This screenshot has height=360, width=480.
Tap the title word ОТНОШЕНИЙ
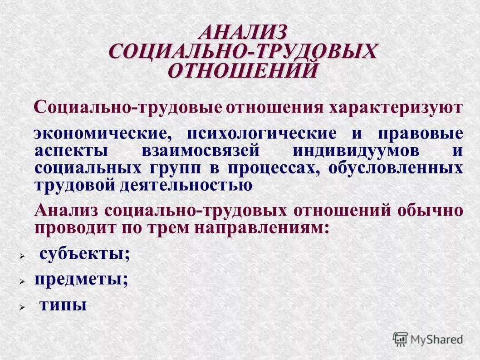click(x=243, y=70)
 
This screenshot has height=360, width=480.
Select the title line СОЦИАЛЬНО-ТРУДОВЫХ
click(x=243, y=51)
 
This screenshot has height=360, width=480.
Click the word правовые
click(x=421, y=134)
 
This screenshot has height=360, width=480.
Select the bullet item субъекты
click(x=84, y=254)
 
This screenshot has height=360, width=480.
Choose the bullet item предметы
click(x=81, y=279)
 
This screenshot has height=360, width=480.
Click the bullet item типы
click(x=63, y=305)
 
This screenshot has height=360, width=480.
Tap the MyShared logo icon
click(x=400, y=338)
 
